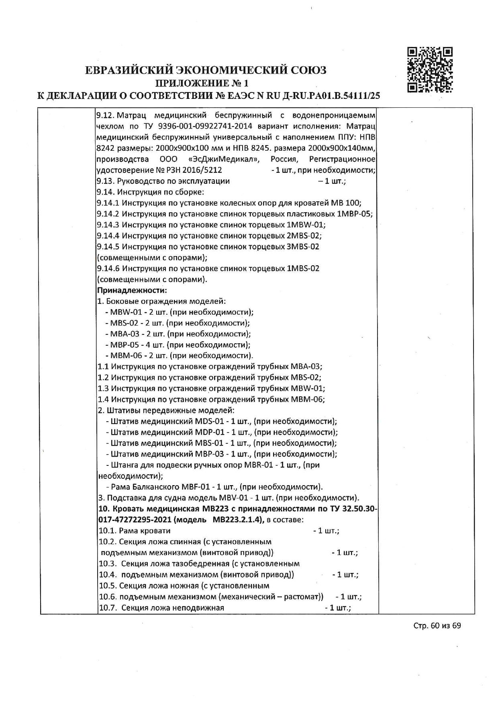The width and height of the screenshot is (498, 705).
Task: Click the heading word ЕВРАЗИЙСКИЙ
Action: tap(129, 70)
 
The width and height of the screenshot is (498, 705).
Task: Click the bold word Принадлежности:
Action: tap(132, 290)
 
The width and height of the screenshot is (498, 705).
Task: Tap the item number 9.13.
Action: tap(105, 181)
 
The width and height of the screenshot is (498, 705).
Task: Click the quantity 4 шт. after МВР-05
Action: tap(156, 345)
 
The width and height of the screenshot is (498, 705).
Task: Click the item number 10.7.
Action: tap(107, 607)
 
